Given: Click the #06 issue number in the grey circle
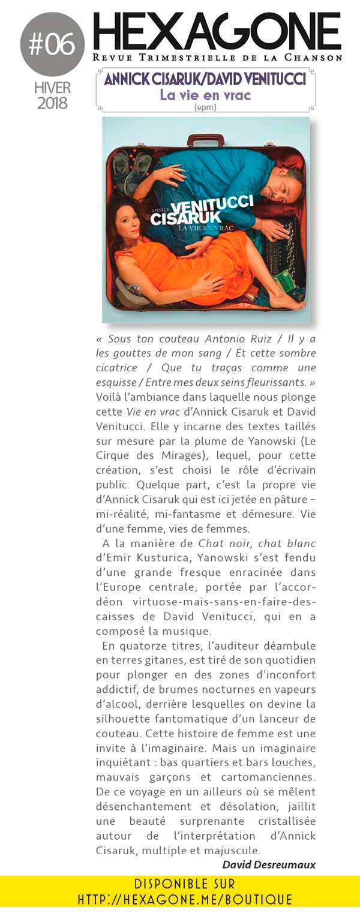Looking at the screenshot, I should pyautogui.click(x=52, y=44).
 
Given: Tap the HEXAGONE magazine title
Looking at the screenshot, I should pyautogui.click(x=217, y=32).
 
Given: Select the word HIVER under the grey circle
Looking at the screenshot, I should pyautogui.click(x=52, y=88).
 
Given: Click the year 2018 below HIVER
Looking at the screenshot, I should pyautogui.click(x=52, y=103).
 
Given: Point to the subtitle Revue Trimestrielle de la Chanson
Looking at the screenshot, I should pyautogui.click(x=217, y=58).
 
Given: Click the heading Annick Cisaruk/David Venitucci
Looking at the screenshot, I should pyautogui.click(x=205, y=79).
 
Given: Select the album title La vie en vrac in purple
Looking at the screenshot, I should pyautogui.click(x=205, y=95).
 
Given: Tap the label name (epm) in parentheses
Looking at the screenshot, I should pyautogui.click(x=205, y=108).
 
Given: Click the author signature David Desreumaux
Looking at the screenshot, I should pyautogui.click(x=269, y=864).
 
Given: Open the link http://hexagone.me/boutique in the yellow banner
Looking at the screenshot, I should pyautogui.click(x=185, y=900).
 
